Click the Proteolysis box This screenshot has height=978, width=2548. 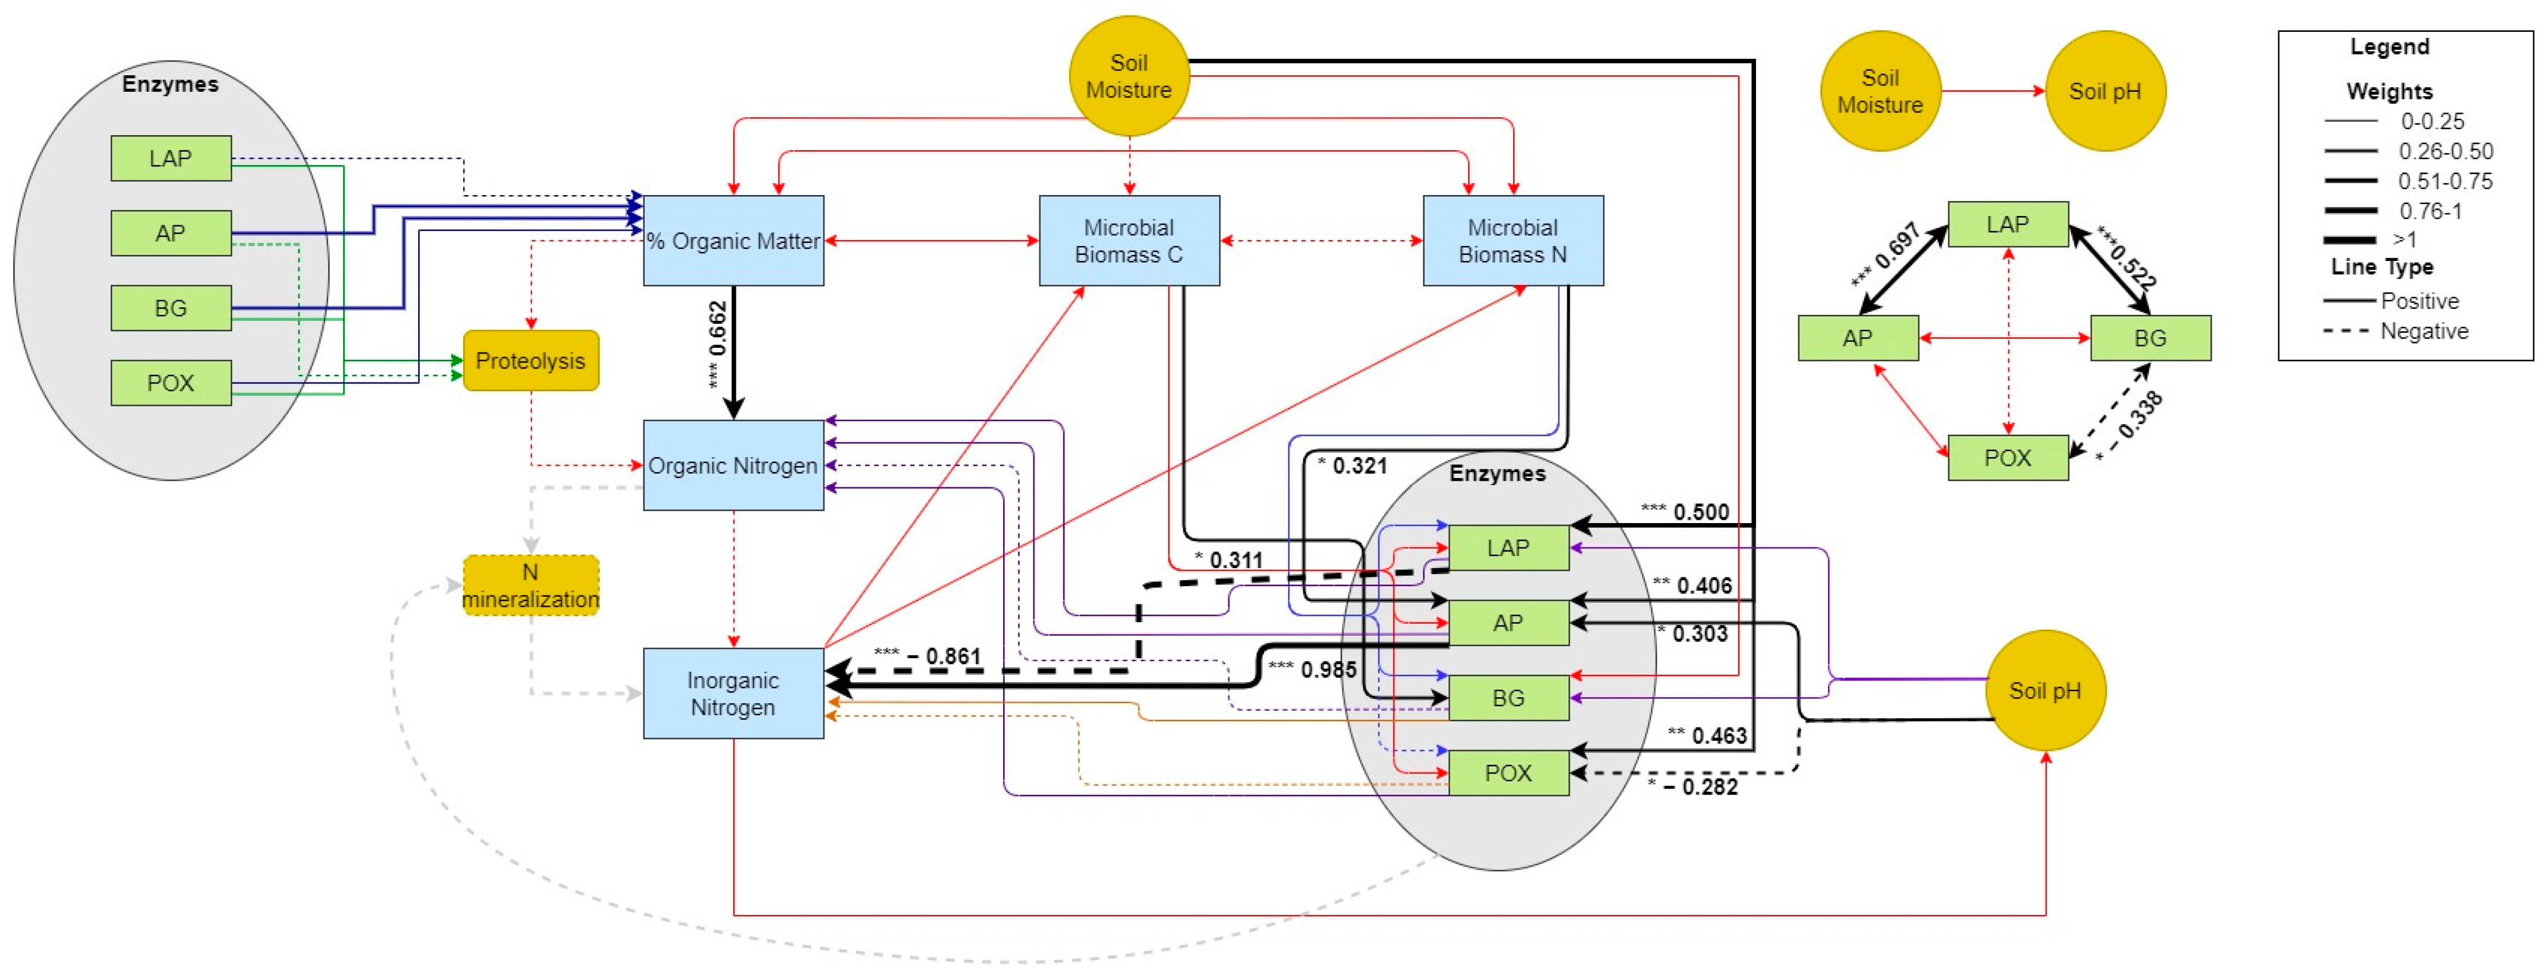pos(530,361)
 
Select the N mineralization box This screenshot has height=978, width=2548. pos(530,585)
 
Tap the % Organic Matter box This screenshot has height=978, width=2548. pos(733,240)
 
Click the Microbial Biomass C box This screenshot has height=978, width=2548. pos(1128,240)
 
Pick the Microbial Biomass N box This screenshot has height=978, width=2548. pos(1513,240)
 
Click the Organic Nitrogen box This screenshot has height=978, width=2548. pos(733,465)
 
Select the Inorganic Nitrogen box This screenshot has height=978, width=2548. pos(733,693)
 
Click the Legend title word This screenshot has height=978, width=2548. pos(2389,47)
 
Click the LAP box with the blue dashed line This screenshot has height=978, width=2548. pos(171,158)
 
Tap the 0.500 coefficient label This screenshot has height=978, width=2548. pos(1699,511)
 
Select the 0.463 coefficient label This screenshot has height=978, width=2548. pos(1718,735)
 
